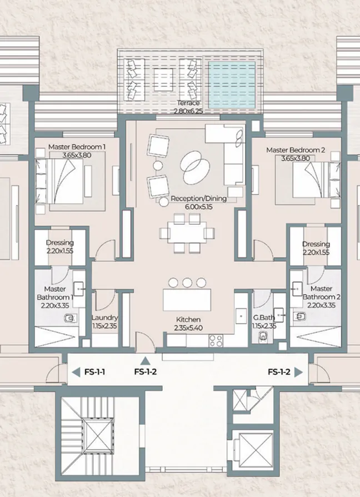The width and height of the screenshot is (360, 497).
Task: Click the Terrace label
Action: [x=188, y=103]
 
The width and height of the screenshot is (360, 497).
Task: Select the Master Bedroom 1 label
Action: [x=77, y=147]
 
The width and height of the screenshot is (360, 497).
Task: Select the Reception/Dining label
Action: [x=198, y=198]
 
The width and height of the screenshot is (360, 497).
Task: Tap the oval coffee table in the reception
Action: [x=194, y=164]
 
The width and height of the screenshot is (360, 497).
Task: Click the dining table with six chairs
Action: [x=186, y=232]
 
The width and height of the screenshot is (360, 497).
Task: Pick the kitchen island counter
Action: [x=188, y=300]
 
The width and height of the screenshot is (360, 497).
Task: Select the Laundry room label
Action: [x=104, y=319]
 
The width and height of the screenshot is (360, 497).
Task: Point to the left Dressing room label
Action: [x=59, y=243]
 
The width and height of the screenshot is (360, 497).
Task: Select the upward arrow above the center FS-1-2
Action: [x=145, y=361]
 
